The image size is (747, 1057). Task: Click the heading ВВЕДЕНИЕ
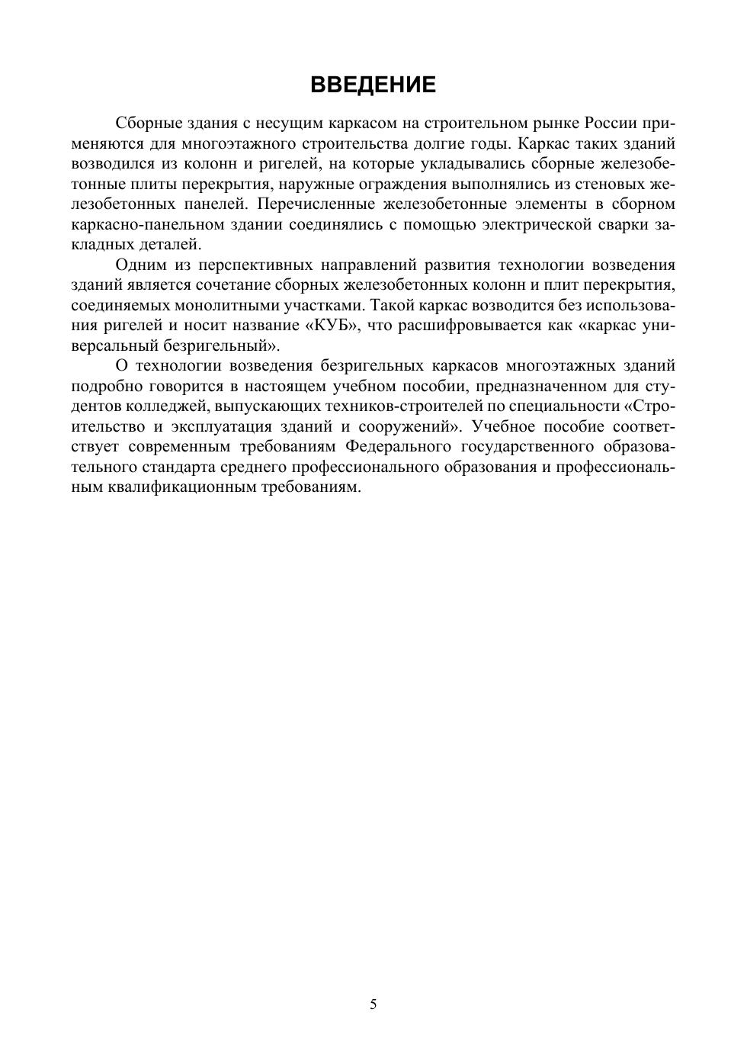click(x=373, y=85)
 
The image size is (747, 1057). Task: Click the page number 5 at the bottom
click(x=373, y=1004)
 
